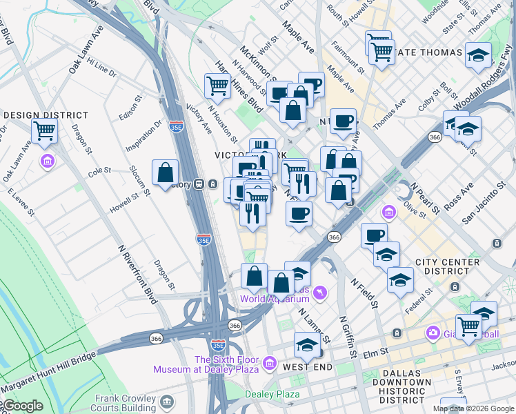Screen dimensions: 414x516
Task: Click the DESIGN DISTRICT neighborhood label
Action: pyautogui.click(x=46, y=115)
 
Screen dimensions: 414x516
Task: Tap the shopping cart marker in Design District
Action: pyautogui.click(x=45, y=130)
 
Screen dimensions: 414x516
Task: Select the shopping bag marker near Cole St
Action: pyautogui.click(x=166, y=173)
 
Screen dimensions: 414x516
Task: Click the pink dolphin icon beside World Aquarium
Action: pyautogui.click(x=319, y=295)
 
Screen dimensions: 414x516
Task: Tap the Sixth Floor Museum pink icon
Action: pyautogui.click(x=269, y=362)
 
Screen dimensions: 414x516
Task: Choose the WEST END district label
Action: pyautogui.click(x=308, y=366)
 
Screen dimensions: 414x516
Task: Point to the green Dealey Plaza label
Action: pyautogui.click(x=272, y=394)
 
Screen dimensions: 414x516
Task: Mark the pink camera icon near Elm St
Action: pyautogui.click(x=433, y=333)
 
